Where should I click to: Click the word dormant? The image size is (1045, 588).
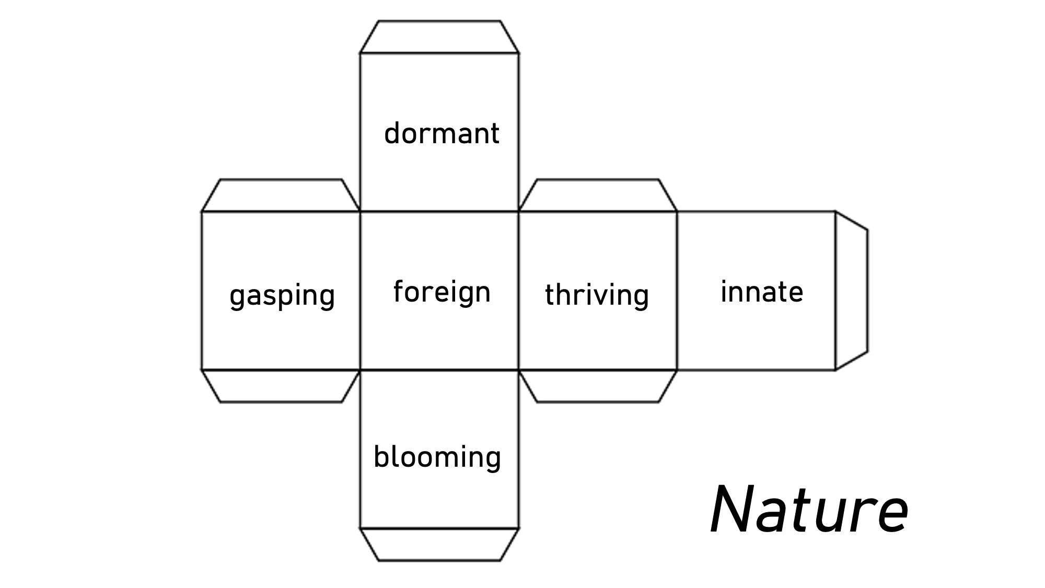coord(442,134)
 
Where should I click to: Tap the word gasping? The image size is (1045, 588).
coord(282,296)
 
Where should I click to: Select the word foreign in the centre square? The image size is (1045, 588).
coord(442,292)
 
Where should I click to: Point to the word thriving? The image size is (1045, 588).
coord(597,295)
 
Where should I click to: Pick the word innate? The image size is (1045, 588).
coord(762,292)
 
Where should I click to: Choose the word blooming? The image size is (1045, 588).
coord(437,457)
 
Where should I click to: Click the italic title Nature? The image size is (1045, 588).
coord(809,510)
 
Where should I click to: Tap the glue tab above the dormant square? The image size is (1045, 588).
coord(439,37)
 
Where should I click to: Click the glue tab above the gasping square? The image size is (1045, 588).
coord(281,195)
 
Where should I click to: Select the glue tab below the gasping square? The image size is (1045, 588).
coord(281,386)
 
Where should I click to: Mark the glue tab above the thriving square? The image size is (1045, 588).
coord(598,195)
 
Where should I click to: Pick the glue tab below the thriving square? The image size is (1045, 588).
coord(598,386)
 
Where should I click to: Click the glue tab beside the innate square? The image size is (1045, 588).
coord(851,291)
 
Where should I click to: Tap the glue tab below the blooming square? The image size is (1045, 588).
coord(439,544)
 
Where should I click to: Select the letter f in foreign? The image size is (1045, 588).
coord(399,291)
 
